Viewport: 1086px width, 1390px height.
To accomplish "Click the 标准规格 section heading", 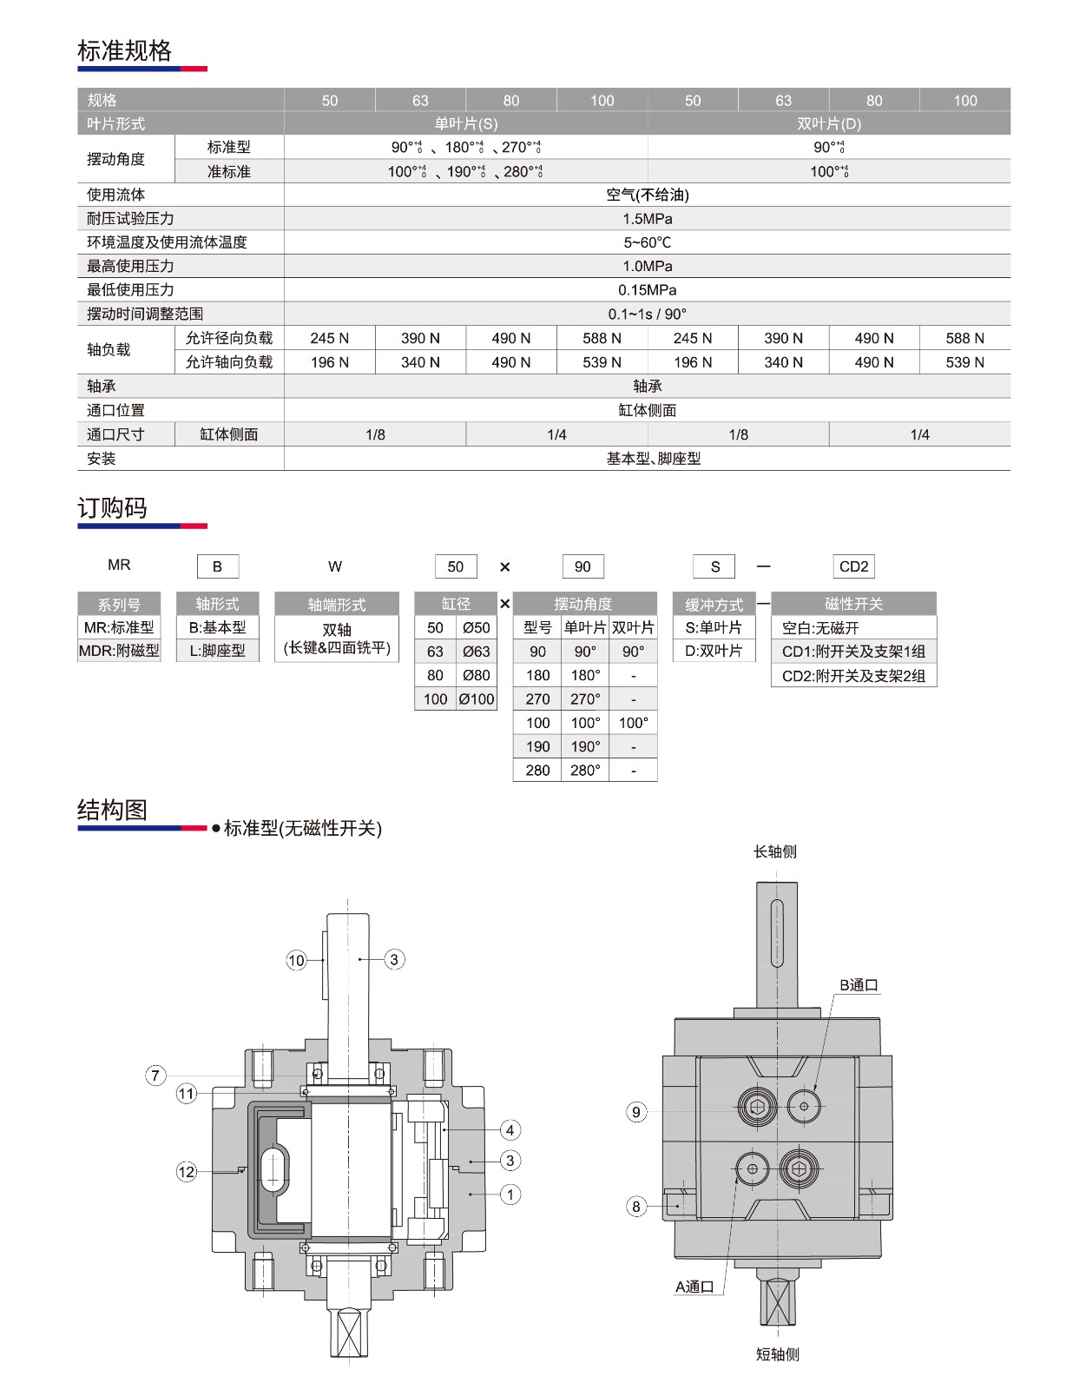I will point(124,51).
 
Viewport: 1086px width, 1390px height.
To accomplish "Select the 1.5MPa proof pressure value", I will point(647,219).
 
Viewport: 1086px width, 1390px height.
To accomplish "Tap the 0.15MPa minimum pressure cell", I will point(647,290).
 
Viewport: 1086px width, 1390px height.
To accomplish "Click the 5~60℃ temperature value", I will point(647,242).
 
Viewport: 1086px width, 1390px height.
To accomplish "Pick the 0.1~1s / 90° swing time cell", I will point(647,314).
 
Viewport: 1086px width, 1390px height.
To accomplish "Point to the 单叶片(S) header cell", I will point(466,124).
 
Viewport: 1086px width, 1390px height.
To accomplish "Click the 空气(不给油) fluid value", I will point(647,195).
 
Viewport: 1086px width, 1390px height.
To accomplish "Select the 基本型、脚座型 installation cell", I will point(653,459).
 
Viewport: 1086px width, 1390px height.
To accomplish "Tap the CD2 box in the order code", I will point(853,566).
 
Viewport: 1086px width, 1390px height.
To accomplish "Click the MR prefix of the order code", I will point(119,566).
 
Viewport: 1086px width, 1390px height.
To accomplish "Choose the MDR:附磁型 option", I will point(119,651).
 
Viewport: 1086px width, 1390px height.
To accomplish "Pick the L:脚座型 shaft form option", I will point(217,651).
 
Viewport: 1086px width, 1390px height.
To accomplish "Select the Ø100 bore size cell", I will point(477,699).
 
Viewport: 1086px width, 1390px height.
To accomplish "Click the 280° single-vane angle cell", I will point(585,771).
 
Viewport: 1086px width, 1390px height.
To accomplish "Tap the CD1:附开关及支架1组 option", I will point(853,652).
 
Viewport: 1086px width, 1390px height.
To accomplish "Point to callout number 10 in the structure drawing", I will point(296,960).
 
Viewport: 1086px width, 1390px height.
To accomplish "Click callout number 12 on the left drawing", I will point(187,1172).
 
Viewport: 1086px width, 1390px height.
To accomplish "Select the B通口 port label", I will point(859,985).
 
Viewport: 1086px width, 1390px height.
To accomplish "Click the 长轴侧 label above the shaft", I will point(775,852).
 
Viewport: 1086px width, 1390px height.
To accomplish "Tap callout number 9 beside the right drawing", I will point(636,1112).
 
